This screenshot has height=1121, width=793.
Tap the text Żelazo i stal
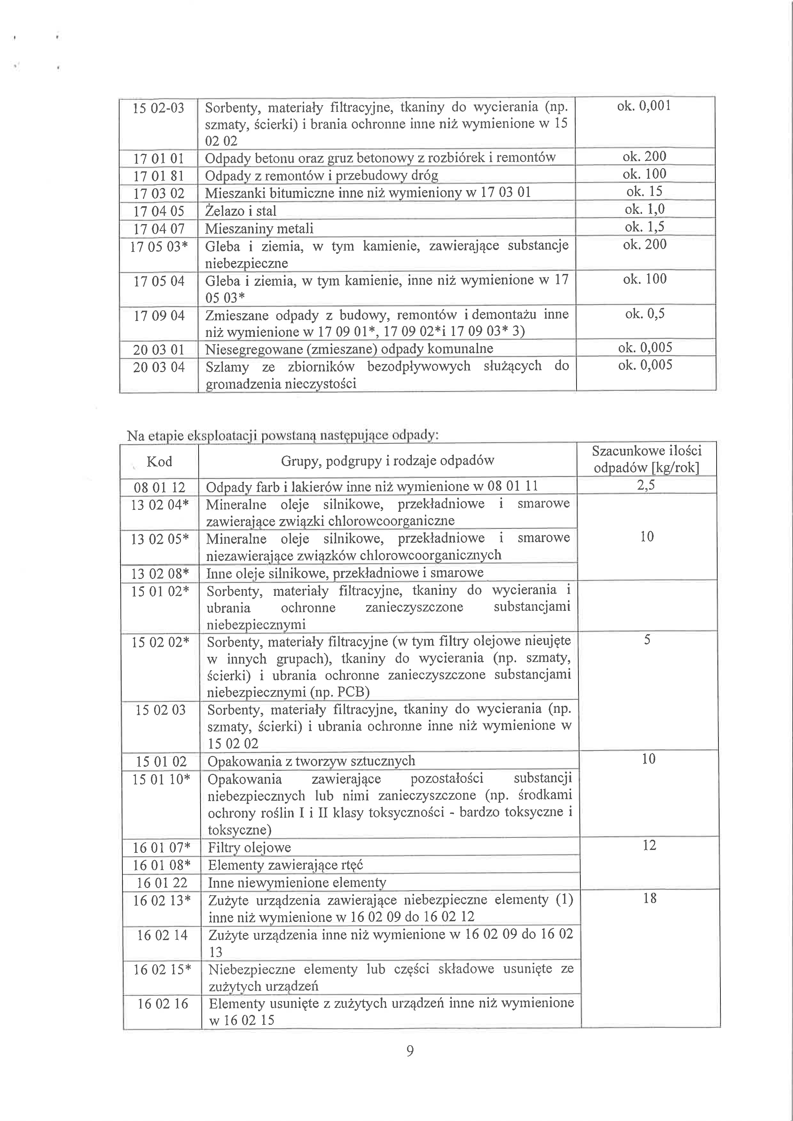click(x=241, y=211)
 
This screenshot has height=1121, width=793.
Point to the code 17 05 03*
click(x=159, y=246)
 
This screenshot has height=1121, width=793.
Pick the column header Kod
click(x=159, y=461)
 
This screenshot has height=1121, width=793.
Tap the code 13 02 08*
click(x=160, y=573)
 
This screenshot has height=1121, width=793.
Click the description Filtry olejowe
click(x=249, y=848)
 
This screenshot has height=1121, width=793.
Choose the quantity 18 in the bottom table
click(x=649, y=898)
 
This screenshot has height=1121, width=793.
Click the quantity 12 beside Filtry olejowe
click(x=649, y=845)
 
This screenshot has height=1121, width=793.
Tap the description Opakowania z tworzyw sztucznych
click(x=311, y=761)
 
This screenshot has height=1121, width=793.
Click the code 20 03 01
click(x=159, y=350)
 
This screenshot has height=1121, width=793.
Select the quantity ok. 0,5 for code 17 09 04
click(x=645, y=314)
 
